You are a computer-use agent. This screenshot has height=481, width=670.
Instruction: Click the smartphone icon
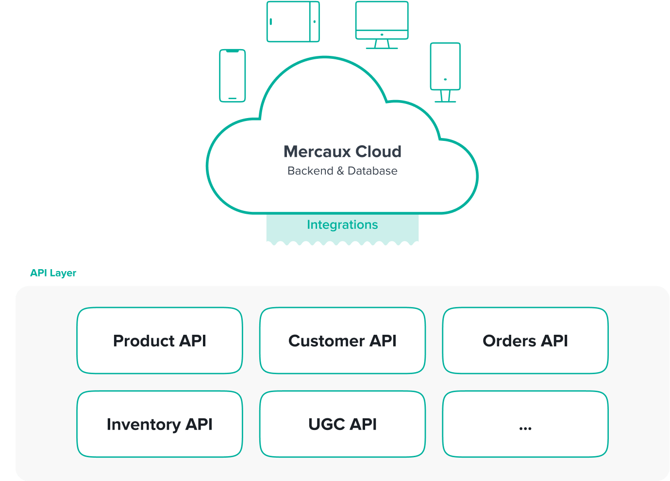pyautogui.click(x=233, y=76)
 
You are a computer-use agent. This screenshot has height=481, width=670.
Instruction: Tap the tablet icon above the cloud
pyautogui.click(x=293, y=22)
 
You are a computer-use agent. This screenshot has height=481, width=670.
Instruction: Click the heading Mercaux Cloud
pyautogui.click(x=342, y=152)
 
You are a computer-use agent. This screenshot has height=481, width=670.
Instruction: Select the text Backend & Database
pyautogui.click(x=342, y=171)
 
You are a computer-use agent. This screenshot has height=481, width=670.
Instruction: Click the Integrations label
pyautogui.click(x=342, y=225)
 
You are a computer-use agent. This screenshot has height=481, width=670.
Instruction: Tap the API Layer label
pyautogui.click(x=53, y=273)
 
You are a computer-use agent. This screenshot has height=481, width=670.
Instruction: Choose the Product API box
pyautogui.click(x=160, y=341)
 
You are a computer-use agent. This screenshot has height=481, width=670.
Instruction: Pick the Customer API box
pyautogui.click(x=342, y=341)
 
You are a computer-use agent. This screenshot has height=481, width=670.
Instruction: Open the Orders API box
pyautogui.click(x=525, y=341)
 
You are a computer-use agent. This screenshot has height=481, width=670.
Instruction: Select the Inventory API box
pyautogui.click(x=160, y=424)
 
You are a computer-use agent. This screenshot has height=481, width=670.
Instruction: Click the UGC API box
pyautogui.click(x=342, y=424)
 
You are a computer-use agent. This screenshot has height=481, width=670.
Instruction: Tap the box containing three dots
pyautogui.click(x=525, y=424)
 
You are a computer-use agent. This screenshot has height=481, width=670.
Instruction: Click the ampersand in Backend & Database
pyautogui.click(x=340, y=171)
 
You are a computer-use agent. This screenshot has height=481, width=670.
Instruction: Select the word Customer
pyautogui.click(x=326, y=341)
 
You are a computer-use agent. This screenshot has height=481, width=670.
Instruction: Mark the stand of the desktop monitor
pyautogui.click(x=382, y=44)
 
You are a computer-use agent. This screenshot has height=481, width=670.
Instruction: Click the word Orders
pyautogui.click(x=509, y=341)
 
